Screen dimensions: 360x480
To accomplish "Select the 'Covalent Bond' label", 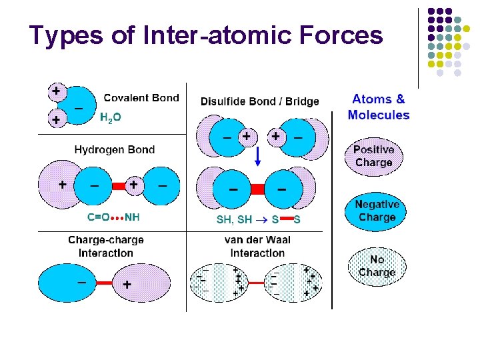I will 141,98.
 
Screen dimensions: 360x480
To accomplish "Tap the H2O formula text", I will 110,118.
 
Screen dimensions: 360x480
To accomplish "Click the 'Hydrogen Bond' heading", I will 115,149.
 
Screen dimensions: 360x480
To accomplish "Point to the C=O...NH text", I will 113,217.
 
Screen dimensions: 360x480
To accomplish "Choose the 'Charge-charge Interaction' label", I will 106,246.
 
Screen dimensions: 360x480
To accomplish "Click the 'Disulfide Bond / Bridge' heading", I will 259,101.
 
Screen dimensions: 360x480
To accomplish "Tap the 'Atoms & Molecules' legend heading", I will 378,107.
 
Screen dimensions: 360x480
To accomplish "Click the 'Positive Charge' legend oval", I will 373,157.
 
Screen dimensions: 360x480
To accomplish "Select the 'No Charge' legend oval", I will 377,265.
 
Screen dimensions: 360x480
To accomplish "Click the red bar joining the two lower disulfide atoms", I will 257,189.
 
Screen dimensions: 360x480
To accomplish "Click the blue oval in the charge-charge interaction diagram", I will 67,283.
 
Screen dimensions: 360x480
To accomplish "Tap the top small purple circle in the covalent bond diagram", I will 57,90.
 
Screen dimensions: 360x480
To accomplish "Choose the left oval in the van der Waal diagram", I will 219,283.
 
